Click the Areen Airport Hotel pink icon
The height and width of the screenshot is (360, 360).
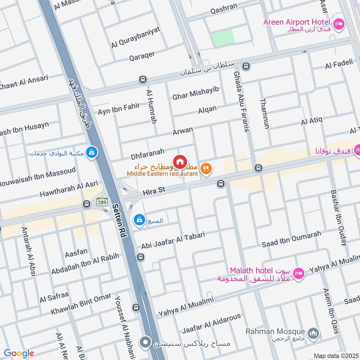(x=339, y=22)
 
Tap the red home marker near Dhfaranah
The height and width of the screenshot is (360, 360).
(x=180, y=161)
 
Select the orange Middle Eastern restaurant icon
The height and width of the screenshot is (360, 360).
(x=206, y=169)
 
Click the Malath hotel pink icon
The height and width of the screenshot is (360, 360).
(x=298, y=273)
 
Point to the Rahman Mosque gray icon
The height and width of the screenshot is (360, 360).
(x=314, y=333)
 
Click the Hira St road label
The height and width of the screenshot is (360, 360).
(x=154, y=191)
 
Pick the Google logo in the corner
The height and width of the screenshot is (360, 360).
(x=19, y=353)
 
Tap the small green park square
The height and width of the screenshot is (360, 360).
(x=223, y=38)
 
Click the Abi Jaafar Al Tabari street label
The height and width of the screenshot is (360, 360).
(x=173, y=240)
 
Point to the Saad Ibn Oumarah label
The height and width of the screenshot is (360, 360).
(x=292, y=239)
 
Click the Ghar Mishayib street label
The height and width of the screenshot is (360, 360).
(x=195, y=93)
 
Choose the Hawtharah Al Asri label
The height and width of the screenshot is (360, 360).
(x=68, y=189)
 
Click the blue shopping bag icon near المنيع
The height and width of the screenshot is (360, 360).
(x=139, y=220)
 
